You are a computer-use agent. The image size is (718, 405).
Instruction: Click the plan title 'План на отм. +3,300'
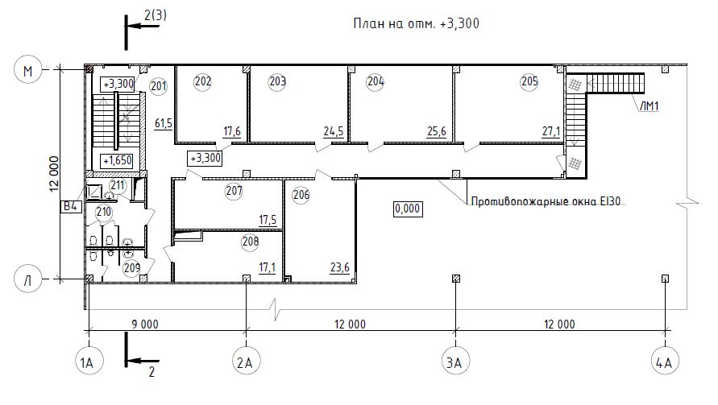tap(417, 23)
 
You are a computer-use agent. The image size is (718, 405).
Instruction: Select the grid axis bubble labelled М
tap(28, 71)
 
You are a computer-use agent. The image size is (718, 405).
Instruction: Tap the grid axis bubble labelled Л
tap(28, 279)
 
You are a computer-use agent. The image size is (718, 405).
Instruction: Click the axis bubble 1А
tap(89, 362)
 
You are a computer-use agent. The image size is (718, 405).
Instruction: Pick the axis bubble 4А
tap(665, 362)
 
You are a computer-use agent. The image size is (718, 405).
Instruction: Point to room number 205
tap(529, 82)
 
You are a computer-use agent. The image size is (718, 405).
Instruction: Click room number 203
tap(277, 82)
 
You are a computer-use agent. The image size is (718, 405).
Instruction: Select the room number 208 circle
tap(250, 242)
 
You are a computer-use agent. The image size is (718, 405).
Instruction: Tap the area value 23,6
tap(340, 267)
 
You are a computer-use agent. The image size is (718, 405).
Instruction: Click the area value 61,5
tap(164, 123)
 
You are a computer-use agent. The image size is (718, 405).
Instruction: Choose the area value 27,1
tap(551, 132)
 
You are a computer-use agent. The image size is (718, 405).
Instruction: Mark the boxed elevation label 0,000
tap(408, 209)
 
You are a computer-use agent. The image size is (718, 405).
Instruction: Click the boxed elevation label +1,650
tap(117, 161)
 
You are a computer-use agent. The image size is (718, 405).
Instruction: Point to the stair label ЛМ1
tap(649, 106)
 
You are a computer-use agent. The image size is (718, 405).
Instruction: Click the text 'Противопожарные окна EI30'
tap(546, 201)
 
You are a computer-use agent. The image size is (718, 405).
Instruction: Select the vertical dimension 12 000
tap(54, 174)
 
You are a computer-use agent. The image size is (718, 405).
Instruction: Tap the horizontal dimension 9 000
tap(145, 324)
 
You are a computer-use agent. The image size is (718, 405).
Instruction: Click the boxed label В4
tap(71, 206)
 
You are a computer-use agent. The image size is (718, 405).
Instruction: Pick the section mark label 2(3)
tap(156, 15)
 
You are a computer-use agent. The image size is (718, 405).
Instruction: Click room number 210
tap(104, 213)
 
